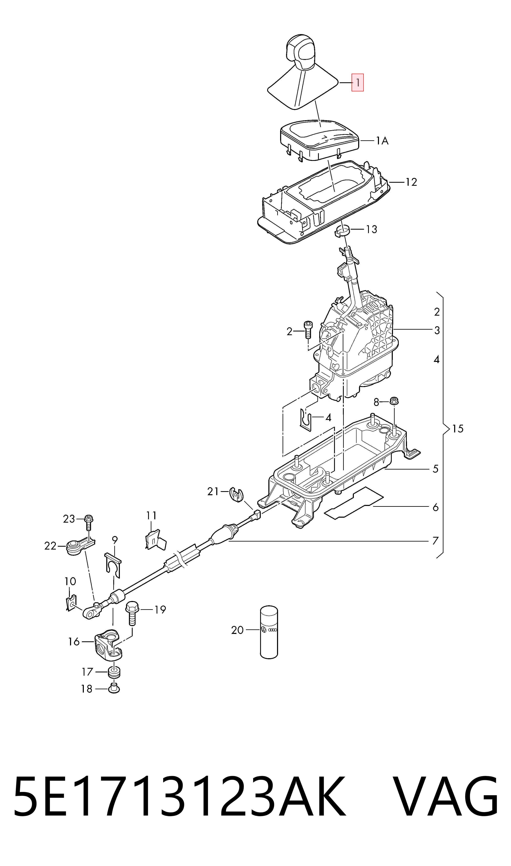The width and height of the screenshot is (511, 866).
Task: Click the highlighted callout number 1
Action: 357,83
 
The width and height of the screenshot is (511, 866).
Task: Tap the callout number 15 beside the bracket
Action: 458,429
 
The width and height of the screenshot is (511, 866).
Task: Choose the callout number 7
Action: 435,541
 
